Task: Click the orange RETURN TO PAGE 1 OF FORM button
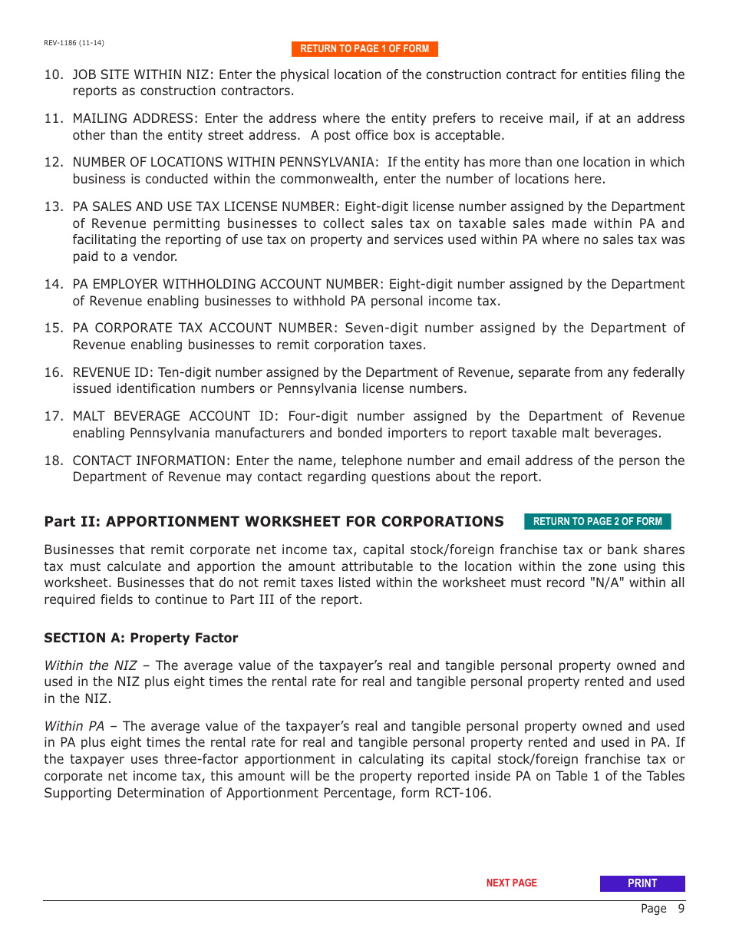click(364, 49)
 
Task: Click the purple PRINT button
click(642, 883)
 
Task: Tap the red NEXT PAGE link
click(511, 883)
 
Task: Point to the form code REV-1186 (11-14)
click(74, 43)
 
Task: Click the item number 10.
click(52, 74)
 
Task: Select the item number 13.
click(52, 206)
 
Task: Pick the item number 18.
click(52, 460)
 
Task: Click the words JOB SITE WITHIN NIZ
click(142, 74)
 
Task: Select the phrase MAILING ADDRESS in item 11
click(134, 118)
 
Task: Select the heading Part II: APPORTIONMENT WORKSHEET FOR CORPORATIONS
click(274, 522)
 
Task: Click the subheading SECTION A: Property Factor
click(140, 638)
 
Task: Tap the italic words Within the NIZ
click(90, 665)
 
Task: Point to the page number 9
click(680, 909)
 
